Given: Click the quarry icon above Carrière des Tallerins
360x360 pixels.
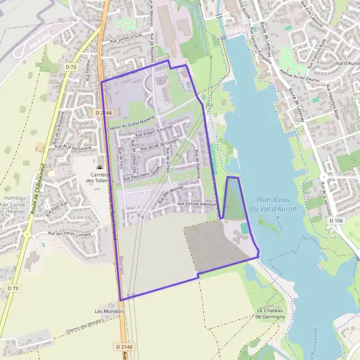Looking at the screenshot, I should coord(100,169).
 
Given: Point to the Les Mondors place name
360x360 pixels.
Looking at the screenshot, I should coord(109,311).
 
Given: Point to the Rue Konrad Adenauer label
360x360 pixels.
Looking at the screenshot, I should coord(196,205).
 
